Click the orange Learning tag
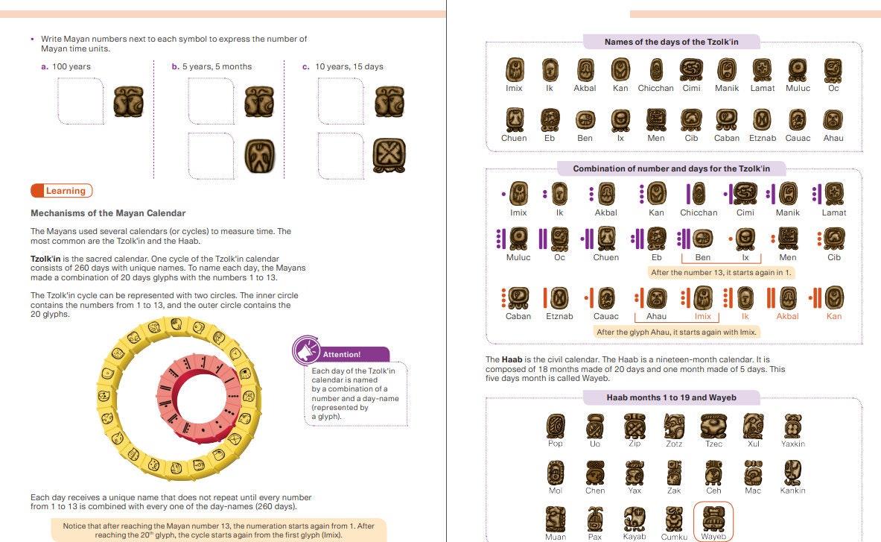62,191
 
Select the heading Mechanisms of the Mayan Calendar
108,213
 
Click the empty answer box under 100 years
80,101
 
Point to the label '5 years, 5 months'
211,66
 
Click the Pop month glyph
556,426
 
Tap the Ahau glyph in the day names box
833,119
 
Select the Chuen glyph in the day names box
514,119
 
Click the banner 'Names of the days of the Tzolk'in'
671,42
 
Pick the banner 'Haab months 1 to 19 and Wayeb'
671,397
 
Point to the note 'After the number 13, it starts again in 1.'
721,272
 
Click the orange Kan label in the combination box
833,316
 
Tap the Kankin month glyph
792,472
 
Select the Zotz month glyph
674,426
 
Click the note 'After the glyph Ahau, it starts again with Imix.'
676,332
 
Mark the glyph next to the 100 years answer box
128,101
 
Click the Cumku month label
674,537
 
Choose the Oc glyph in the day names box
833,70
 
